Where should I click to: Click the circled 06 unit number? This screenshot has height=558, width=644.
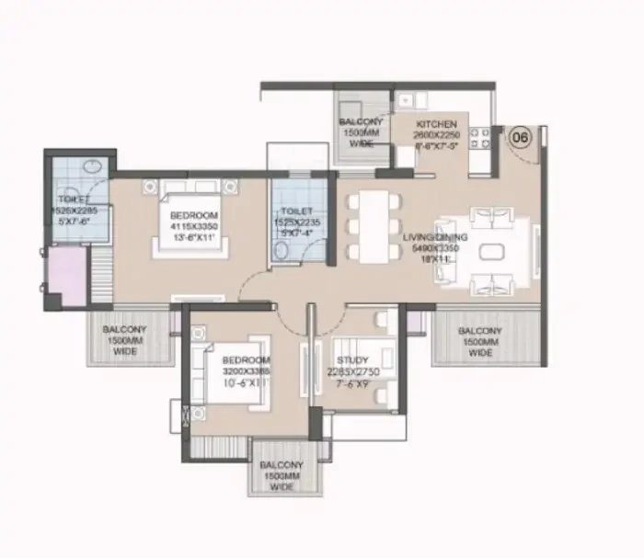coord(520,138)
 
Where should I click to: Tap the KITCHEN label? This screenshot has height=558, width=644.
coord(436,123)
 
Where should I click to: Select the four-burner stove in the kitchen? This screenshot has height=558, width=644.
coord(480,138)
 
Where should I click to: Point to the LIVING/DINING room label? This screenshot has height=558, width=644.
coord(436,236)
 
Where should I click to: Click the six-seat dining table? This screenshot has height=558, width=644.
coord(375,225)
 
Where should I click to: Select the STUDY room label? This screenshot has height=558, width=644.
coord(352,360)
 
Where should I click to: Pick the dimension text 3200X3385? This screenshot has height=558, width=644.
coord(244,371)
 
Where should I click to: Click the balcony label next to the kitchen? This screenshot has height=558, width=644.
coord(361,132)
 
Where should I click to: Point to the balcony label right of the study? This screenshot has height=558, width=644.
coord(479,339)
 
